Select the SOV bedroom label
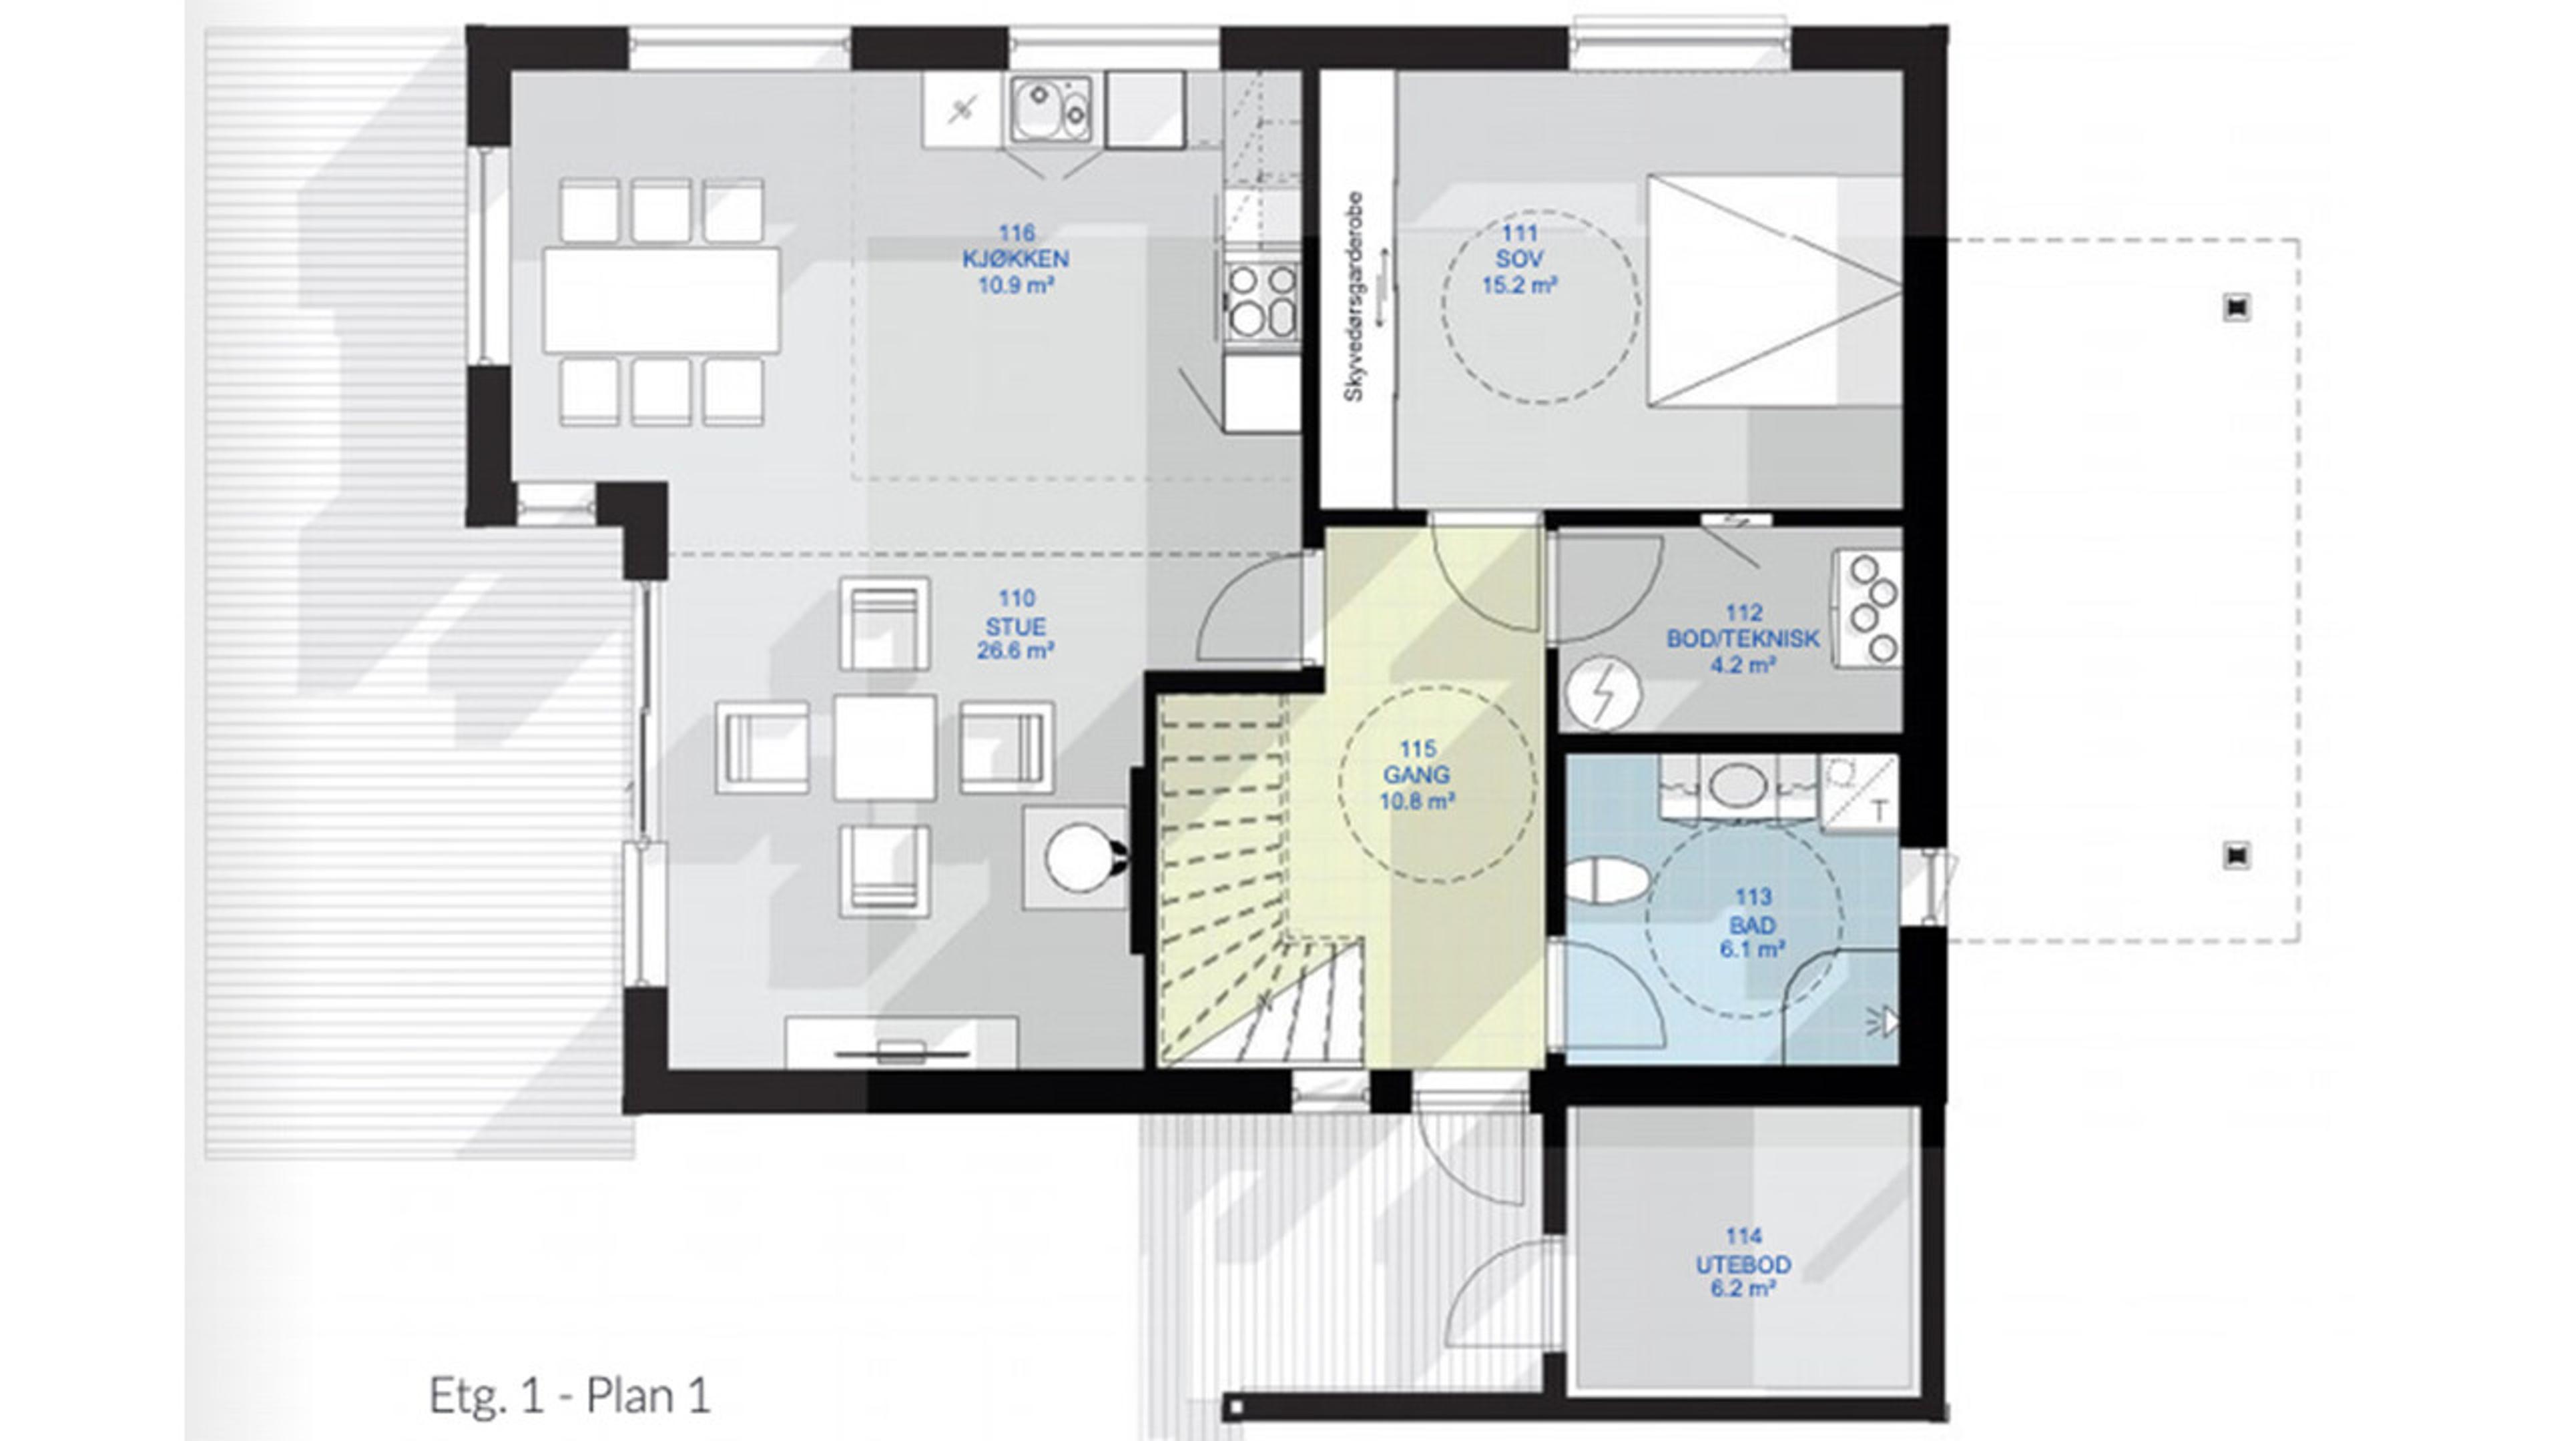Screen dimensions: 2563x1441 1519,260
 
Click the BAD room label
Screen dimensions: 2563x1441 1752,925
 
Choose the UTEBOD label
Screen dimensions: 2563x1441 1743,1264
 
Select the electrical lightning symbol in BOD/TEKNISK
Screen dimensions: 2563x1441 1603,693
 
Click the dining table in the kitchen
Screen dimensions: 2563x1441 661,300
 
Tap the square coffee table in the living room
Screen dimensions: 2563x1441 884,747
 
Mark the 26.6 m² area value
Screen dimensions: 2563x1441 1016,651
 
